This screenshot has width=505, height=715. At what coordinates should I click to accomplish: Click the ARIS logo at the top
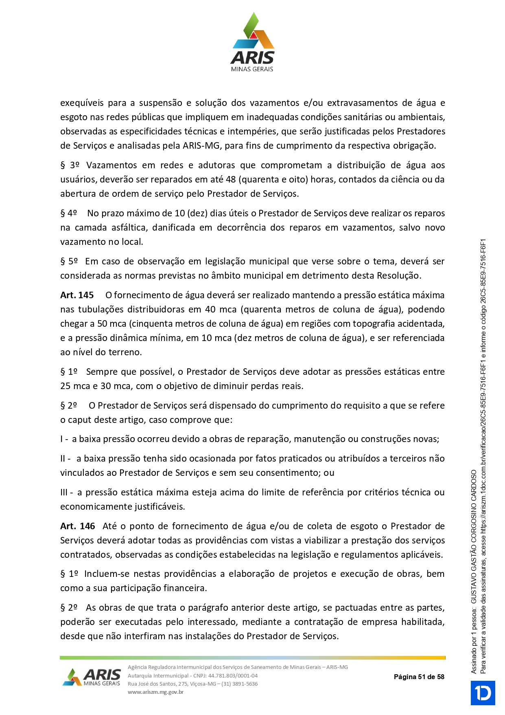point(252,43)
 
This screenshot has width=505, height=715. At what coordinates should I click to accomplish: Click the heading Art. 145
point(77,295)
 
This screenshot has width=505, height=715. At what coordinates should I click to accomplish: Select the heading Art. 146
point(77,526)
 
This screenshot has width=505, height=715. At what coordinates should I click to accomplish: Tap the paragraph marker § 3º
point(70,165)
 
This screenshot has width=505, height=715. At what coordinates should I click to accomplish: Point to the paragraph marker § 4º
point(69,213)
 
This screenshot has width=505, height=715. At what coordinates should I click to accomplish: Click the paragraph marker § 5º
point(69,261)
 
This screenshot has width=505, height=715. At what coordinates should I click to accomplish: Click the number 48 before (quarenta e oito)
point(231,179)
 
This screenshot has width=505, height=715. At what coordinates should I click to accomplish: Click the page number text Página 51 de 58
point(419,677)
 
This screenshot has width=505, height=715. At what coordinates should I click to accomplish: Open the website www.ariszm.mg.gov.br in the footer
point(155,692)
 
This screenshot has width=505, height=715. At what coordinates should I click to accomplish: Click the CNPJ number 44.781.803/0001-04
point(233,675)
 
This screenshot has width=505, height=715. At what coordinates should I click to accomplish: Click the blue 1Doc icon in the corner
point(483,693)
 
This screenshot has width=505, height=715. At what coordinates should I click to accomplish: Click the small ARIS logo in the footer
point(92,677)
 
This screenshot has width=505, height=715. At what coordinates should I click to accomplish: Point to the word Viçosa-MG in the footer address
point(206,684)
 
